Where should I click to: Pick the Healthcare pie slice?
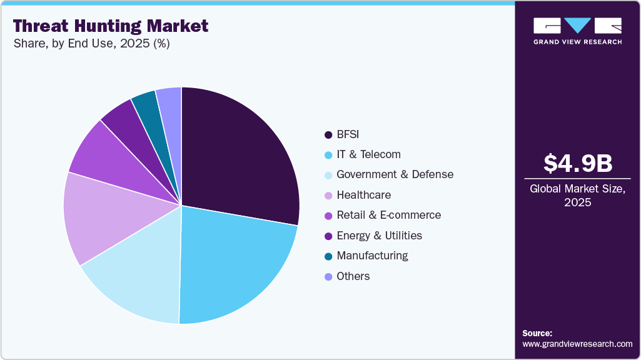coord(100,216)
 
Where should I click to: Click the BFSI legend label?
coord(348,134)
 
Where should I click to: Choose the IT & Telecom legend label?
coord(368,154)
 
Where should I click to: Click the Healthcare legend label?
coord(363,195)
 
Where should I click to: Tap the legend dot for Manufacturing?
coord(328,256)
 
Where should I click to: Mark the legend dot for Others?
coord(328,276)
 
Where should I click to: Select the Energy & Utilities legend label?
coord(379,236)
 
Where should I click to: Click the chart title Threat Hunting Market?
coord(111,26)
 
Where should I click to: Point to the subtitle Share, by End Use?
coord(91,44)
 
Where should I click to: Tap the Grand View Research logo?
coord(577,30)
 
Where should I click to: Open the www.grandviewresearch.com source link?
coord(577,344)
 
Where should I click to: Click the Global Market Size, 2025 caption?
coord(577,196)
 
